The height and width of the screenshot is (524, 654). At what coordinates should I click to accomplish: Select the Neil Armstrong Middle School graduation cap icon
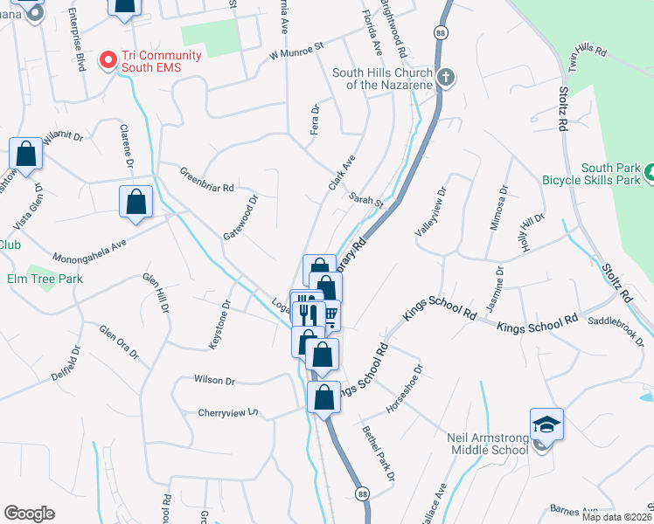click(546, 424)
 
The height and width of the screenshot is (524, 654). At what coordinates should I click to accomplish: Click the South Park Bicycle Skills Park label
click(611, 174)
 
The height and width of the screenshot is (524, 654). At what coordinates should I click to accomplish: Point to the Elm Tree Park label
click(44, 279)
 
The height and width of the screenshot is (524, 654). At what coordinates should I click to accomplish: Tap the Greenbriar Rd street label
click(207, 179)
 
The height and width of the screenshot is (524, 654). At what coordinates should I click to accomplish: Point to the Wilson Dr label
click(215, 381)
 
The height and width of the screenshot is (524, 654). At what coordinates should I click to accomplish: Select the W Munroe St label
click(296, 50)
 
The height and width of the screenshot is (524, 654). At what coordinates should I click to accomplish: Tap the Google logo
click(29, 514)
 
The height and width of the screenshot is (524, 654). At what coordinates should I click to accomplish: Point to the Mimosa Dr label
click(497, 208)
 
